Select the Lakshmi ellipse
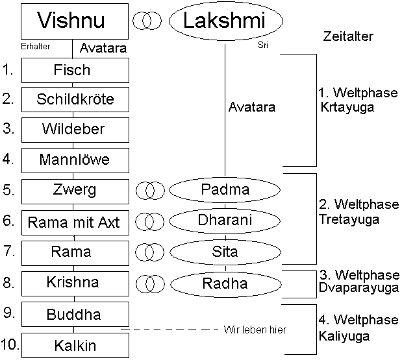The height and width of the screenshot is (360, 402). click(x=226, y=21)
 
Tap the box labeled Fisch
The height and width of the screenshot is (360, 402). click(x=75, y=70)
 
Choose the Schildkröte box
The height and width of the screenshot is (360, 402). click(x=75, y=99)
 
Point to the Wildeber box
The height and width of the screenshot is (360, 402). click(x=75, y=129)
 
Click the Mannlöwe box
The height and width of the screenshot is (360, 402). click(x=75, y=160)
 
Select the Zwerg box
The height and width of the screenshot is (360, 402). click(x=75, y=191)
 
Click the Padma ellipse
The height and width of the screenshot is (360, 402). click(x=225, y=190)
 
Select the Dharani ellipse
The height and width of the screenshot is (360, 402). click(x=225, y=221)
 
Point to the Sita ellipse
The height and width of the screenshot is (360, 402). click(x=225, y=250)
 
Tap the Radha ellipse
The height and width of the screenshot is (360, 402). click(x=225, y=283)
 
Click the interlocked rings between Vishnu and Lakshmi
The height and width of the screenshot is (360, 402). click(x=147, y=21)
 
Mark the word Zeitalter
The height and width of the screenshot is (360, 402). click(x=347, y=37)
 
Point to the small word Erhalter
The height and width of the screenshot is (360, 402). click(x=36, y=46)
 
